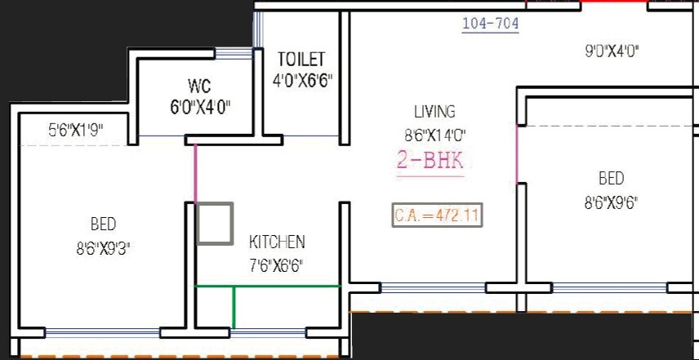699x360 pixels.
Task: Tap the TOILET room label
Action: [x=301, y=60]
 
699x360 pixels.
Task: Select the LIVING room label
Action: [x=434, y=112]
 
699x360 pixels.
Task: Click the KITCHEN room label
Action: [x=277, y=242]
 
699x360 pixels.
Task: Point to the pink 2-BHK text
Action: [x=430, y=161]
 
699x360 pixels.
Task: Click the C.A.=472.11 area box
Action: [x=436, y=216]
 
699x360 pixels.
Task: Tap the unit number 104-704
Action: [x=490, y=24]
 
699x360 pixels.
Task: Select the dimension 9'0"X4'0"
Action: [x=611, y=51]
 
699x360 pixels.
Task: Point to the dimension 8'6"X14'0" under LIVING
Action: [x=434, y=134]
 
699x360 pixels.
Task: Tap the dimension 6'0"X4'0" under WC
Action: [x=200, y=108]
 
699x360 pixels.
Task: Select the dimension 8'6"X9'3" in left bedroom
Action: [x=104, y=248]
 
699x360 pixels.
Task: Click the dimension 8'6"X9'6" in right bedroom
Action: [x=611, y=202]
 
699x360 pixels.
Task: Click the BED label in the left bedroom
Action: [x=103, y=224]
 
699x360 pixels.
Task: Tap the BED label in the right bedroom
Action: [x=611, y=179]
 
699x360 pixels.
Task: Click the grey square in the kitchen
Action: [x=215, y=223]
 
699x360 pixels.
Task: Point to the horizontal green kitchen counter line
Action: [x=267, y=286]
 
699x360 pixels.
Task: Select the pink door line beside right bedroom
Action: [x=517, y=155]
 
